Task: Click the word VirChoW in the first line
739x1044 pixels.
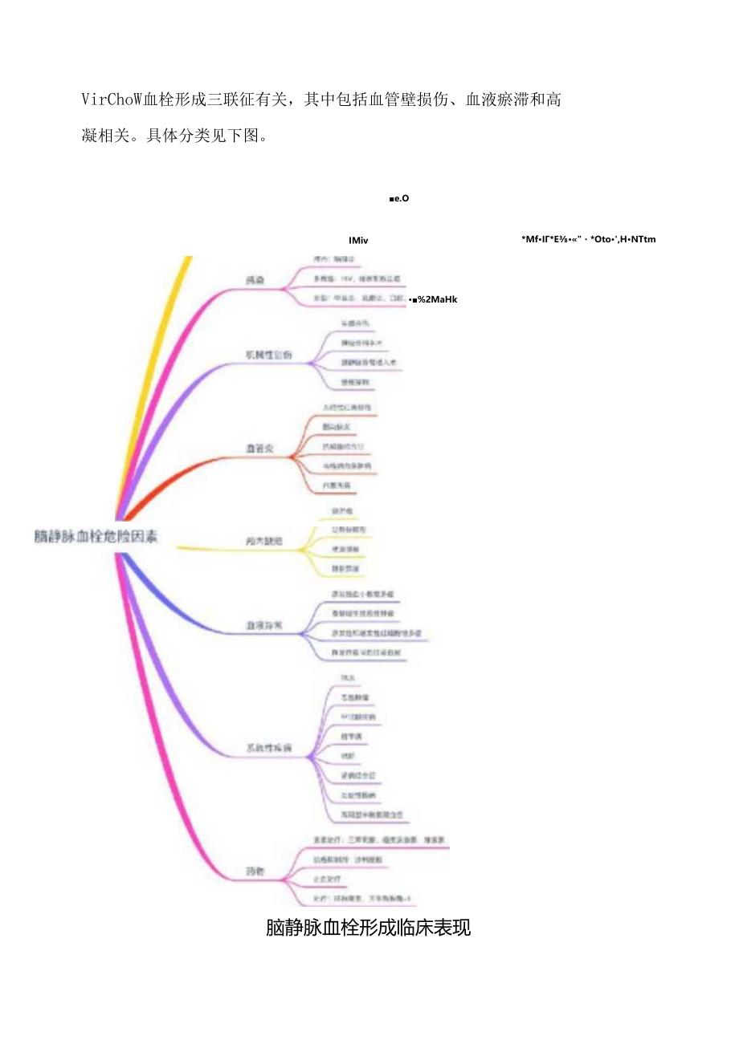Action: pyautogui.click(x=112, y=100)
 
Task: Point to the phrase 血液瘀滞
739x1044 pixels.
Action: pyautogui.click(x=496, y=100)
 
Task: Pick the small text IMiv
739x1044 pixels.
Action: pyautogui.click(x=359, y=239)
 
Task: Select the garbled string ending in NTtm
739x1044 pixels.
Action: pyautogui.click(x=589, y=239)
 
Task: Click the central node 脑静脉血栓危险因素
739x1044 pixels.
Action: pyautogui.click(x=96, y=537)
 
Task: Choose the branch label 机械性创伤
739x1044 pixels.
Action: pyautogui.click(x=268, y=354)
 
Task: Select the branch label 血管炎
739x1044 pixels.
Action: pyautogui.click(x=259, y=448)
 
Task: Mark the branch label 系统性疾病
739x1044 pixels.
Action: pyautogui.click(x=268, y=749)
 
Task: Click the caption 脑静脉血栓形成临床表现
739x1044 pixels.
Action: pyautogui.click(x=368, y=928)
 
